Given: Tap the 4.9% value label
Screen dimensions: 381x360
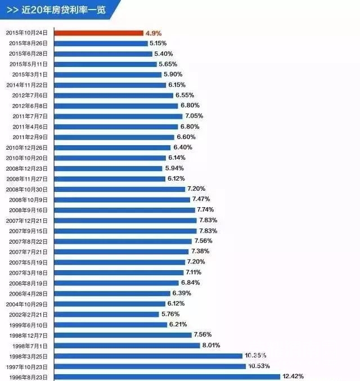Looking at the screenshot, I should pos(154,33).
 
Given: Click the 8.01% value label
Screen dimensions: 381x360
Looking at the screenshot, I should pos(211,346).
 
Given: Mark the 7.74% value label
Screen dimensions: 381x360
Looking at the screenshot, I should pos(206,210).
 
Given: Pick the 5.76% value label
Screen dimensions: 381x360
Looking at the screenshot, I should pos(171,314).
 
